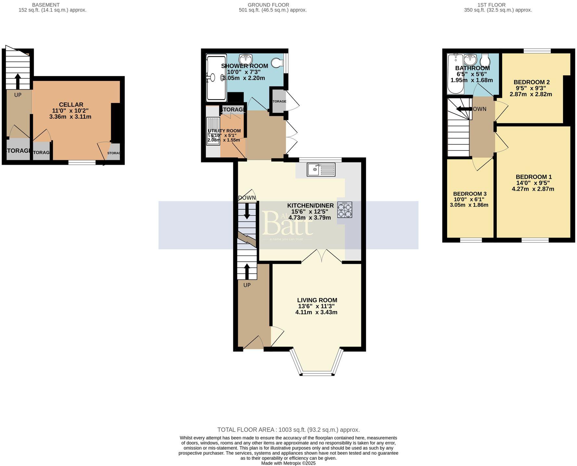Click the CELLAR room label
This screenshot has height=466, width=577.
[x=71, y=105]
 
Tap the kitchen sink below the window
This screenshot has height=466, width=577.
[x=321, y=170]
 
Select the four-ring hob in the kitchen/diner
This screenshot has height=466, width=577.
[x=344, y=210]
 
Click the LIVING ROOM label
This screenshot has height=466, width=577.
[x=317, y=300]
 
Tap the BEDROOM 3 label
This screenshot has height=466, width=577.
[x=469, y=194]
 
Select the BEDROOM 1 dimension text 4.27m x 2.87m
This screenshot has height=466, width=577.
[x=533, y=189]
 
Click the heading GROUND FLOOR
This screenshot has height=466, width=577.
[x=268, y=5]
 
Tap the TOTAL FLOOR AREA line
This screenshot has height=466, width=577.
[x=288, y=430]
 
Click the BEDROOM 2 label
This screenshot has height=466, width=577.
[x=532, y=82]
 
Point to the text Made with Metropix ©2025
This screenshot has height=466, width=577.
[x=288, y=463]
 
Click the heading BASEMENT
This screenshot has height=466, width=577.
[x=46, y=5]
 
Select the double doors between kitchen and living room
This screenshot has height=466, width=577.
[x=322, y=256]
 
